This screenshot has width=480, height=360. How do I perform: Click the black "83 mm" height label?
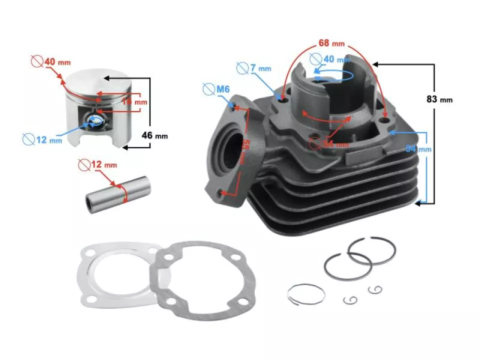pyautogui.click(x=439, y=99)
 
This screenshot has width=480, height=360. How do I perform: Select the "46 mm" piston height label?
pyautogui.click(x=154, y=135)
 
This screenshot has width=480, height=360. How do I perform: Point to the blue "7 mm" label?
pyautogui.click(x=259, y=67)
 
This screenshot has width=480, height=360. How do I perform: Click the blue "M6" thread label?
pyautogui.click(x=222, y=90)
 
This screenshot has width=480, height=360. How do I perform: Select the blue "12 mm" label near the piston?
pyautogui.click(x=48, y=140)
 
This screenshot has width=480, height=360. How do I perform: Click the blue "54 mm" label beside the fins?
pyautogui.click(x=417, y=148)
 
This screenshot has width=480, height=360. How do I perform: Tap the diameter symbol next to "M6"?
pyautogui.click(x=208, y=90)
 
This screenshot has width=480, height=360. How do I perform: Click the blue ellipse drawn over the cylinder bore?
pyautogui.click(x=334, y=75)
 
